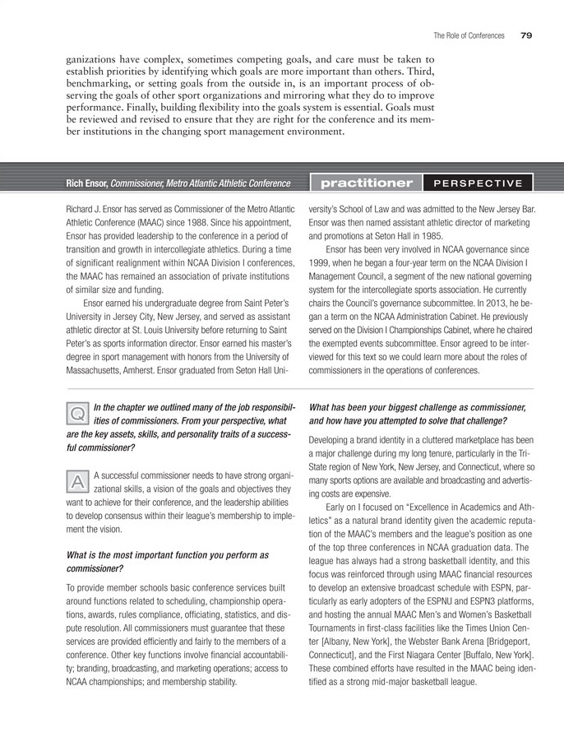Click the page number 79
pyautogui.click(x=527, y=35)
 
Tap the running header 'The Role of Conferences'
pyautogui.click(x=469, y=35)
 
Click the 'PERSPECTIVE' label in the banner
pyautogui.click(x=478, y=183)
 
